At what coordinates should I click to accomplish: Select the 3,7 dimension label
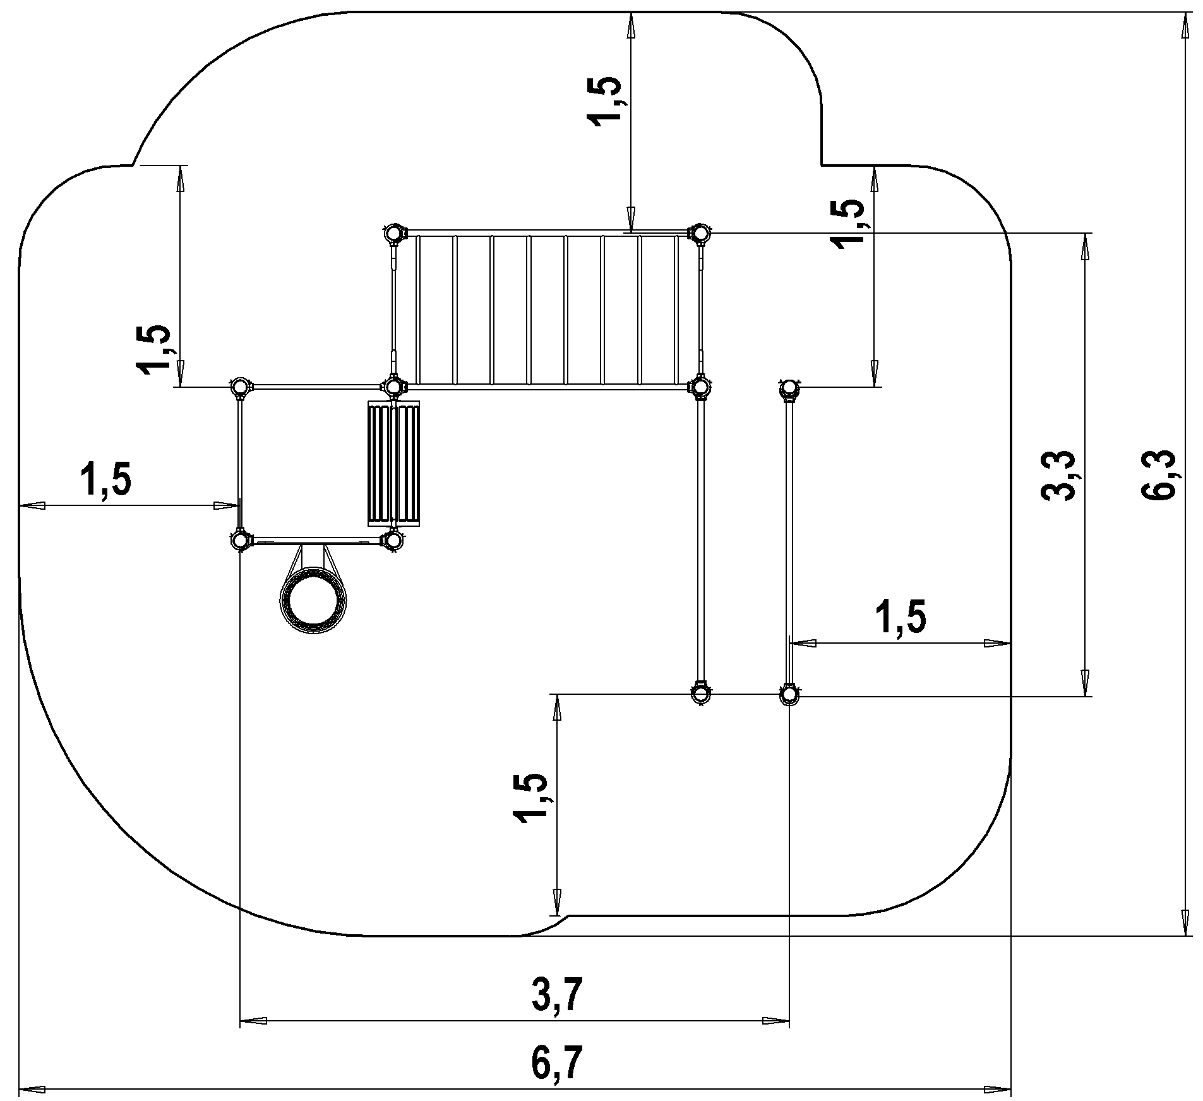pyautogui.click(x=555, y=995)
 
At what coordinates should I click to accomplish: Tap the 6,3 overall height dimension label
pyautogui.click(x=1158, y=475)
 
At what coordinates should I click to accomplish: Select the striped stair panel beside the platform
pyautogui.click(x=393, y=464)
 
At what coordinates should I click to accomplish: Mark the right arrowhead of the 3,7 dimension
pyautogui.click(x=776, y=1020)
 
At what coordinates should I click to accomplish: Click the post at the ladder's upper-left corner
pyautogui.click(x=393, y=234)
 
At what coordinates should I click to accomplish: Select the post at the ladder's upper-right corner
pyautogui.click(x=700, y=234)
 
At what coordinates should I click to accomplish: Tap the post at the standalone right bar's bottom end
pyautogui.click(x=789, y=695)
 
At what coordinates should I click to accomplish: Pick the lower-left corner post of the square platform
pyautogui.click(x=240, y=541)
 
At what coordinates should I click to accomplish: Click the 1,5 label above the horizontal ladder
pyautogui.click(x=605, y=101)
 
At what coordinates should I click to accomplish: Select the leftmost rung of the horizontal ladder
pyautogui.click(x=417, y=310)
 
